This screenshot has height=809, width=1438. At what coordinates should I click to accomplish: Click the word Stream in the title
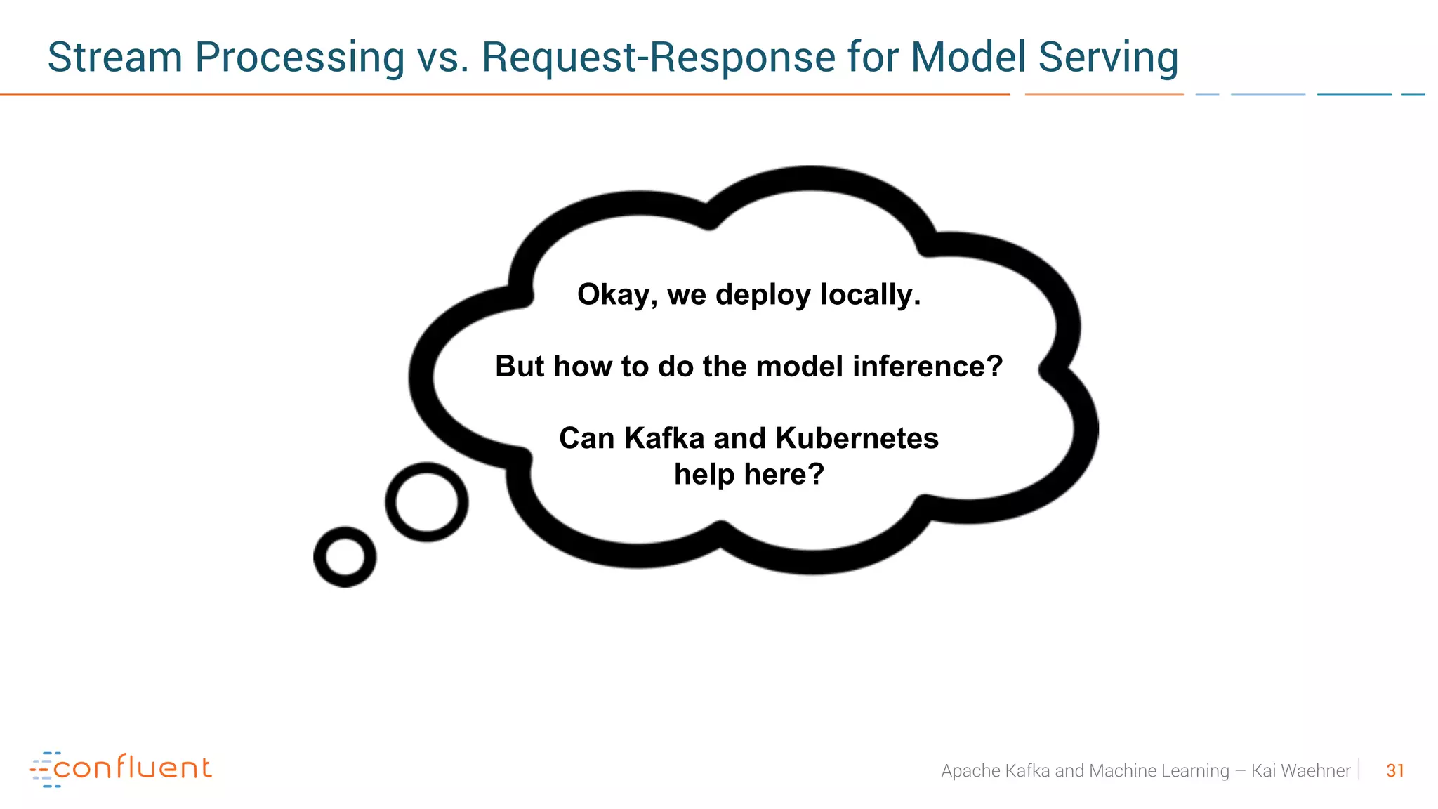(x=115, y=57)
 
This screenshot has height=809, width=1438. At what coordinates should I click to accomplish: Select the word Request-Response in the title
(x=659, y=58)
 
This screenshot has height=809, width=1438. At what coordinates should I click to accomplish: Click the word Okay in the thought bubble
(x=616, y=295)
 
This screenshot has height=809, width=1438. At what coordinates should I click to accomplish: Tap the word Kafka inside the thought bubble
(x=664, y=438)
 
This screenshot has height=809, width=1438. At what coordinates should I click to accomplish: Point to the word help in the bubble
(x=704, y=475)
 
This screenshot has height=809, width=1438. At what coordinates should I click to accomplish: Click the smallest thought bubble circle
(x=345, y=557)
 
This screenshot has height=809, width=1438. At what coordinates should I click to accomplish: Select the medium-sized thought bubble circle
(x=426, y=502)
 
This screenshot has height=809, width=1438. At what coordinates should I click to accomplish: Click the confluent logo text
(x=132, y=768)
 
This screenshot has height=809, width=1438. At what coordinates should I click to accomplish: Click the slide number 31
(x=1394, y=771)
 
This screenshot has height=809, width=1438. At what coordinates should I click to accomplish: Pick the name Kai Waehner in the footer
(x=1300, y=771)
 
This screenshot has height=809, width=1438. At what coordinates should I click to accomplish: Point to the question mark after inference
(x=995, y=367)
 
